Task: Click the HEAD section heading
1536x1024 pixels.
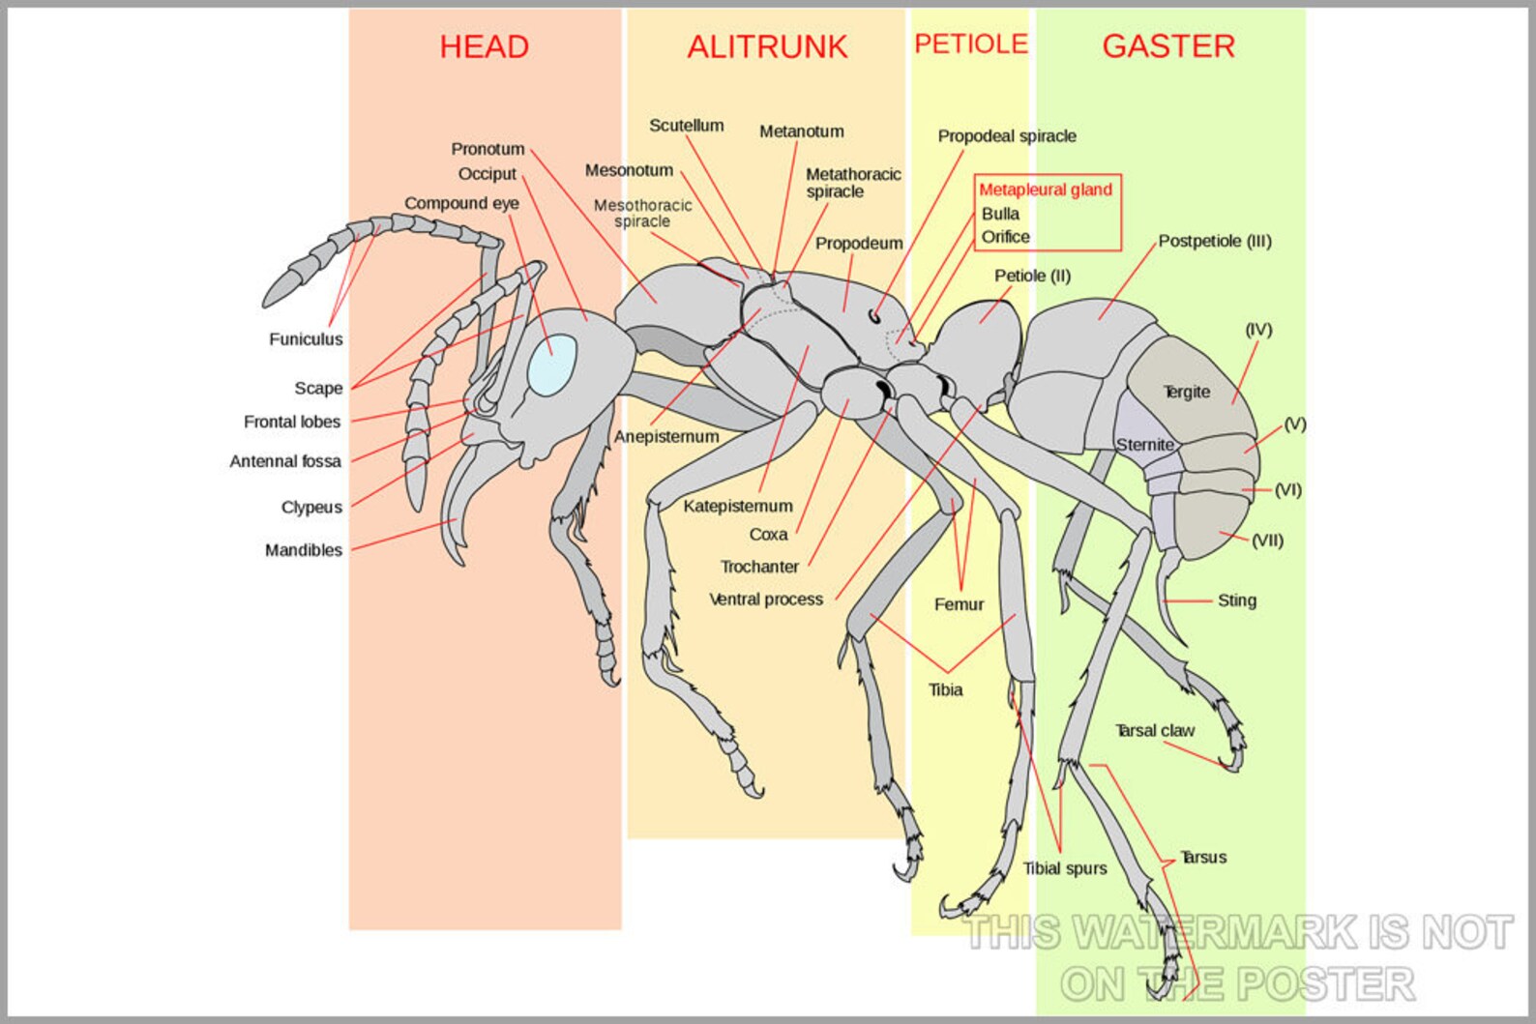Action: point(484,46)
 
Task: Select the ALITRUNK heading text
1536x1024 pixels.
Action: point(767,46)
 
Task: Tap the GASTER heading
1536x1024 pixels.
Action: point(1168,45)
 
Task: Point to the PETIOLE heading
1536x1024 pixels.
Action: point(970,44)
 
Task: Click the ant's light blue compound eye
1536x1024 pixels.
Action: point(551,365)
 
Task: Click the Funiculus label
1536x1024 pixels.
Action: point(306,339)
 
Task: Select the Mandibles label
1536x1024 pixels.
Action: point(304,550)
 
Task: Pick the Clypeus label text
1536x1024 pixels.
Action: point(311,508)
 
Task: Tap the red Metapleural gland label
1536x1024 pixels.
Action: point(1046,190)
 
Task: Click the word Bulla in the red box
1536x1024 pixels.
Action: point(1000,214)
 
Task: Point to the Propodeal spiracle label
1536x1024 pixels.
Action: point(1007,136)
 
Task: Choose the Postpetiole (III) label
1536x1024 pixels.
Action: point(1215,241)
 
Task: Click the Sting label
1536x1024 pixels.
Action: point(1236,600)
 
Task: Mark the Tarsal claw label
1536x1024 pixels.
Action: point(1155,731)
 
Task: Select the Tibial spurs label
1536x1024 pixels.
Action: point(1065,868)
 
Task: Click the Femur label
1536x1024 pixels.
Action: point(959,604)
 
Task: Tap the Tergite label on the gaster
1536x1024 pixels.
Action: point(1187,392)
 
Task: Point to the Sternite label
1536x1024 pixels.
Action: point(1145,445)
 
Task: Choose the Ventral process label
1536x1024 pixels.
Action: point(766,600)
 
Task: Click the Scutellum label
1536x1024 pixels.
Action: point(687,126)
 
